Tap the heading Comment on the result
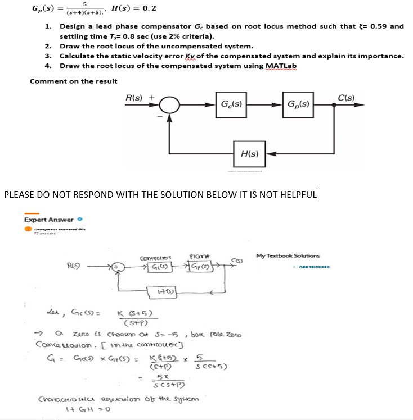coord(74,81)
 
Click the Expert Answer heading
coord(49,220)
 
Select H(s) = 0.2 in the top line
coord(134,9)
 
